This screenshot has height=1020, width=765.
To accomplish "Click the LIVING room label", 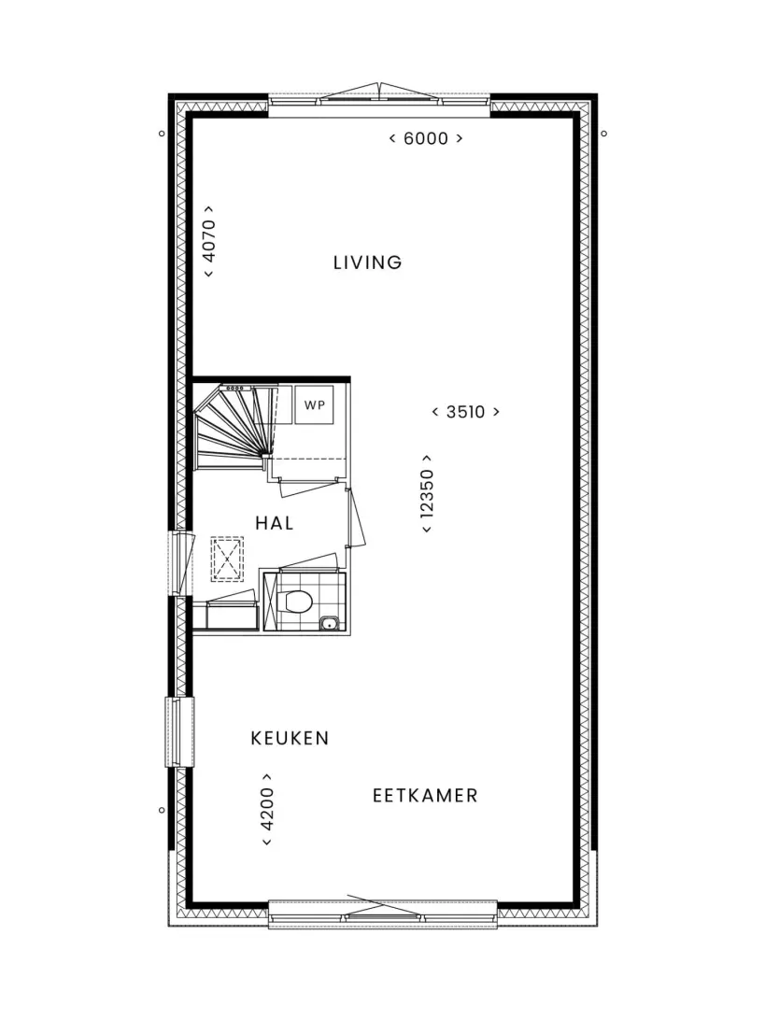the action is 367,262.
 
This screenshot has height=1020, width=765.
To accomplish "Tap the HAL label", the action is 274,523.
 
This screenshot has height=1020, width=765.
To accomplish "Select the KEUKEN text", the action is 290,738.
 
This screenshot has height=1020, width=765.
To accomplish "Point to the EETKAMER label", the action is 425,796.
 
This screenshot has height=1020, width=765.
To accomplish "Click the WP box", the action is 314,404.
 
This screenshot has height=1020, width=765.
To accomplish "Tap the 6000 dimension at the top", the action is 426,138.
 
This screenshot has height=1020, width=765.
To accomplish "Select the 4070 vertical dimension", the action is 209,241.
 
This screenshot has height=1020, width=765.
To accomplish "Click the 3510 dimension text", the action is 466,412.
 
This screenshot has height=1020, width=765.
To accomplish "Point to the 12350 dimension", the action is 427,494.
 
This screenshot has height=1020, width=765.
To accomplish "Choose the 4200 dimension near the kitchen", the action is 267,809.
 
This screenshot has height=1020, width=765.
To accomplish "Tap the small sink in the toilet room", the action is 330,625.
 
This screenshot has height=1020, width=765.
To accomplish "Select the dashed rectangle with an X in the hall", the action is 227,559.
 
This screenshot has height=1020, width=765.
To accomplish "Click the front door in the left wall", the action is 181,563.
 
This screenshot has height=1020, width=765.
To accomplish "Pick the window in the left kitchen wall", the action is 179,731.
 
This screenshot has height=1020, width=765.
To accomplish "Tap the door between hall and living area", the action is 355,517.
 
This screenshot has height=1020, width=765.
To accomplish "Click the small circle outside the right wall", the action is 603,134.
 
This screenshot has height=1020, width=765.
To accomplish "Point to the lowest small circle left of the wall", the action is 162,811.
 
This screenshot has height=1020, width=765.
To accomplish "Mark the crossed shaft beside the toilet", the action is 268,602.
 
